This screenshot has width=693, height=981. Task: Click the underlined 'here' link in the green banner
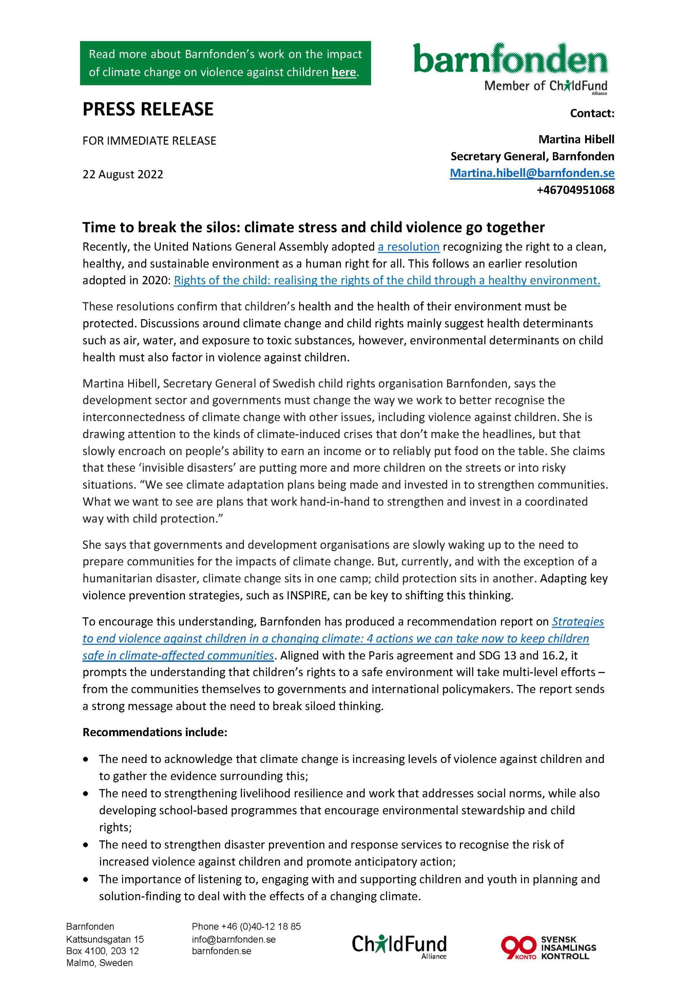[343, 72]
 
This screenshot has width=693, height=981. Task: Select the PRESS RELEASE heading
[148, 109]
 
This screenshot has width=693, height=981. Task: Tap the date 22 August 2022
[123, 174]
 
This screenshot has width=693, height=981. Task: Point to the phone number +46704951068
[575, 190]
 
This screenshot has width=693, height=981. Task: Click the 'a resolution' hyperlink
[409, 246]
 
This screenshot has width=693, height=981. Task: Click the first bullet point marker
[86, 759]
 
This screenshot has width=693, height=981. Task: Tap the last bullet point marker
[86, 879]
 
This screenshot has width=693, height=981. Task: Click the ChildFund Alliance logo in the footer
[399, 944]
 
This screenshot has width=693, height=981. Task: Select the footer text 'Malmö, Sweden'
[100, 963]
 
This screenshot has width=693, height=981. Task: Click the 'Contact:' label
[592, 113]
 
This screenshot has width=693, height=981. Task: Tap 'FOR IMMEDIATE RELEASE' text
[149, 141]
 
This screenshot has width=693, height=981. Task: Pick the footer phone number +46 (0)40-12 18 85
[246, 926]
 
